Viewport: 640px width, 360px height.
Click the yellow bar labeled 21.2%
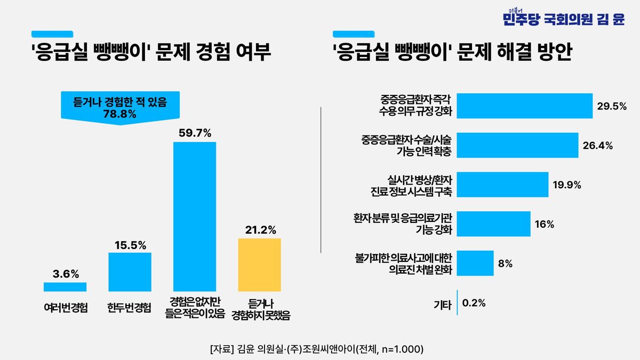click(259, 265)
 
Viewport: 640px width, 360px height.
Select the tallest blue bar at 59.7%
click(194, 216)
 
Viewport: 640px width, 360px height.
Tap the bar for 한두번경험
click(130, 272)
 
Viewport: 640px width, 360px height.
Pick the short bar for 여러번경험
click(65, 287)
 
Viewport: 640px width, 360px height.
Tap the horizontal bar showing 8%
click(475, 263)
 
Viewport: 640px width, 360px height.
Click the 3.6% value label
click(66, 274)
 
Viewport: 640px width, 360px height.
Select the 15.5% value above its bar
click(130, 245)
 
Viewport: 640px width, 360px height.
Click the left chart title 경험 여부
click(150, 53)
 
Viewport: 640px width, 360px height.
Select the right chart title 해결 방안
click(452, 53)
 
